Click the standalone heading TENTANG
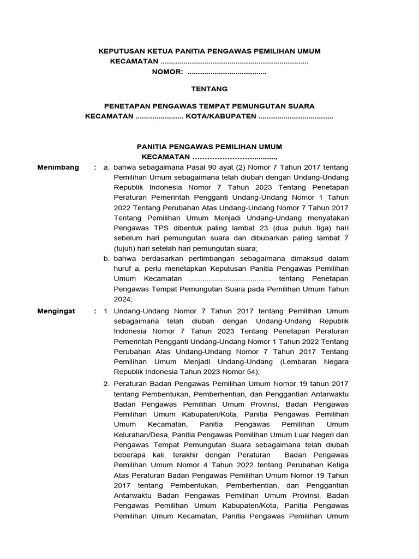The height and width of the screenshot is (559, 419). point(209,89)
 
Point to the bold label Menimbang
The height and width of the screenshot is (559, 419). point(58,167)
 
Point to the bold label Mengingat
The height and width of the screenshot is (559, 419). point(57,311)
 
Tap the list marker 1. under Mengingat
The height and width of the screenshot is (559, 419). point(107,311)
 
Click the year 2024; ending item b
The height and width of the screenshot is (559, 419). point(123,300)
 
